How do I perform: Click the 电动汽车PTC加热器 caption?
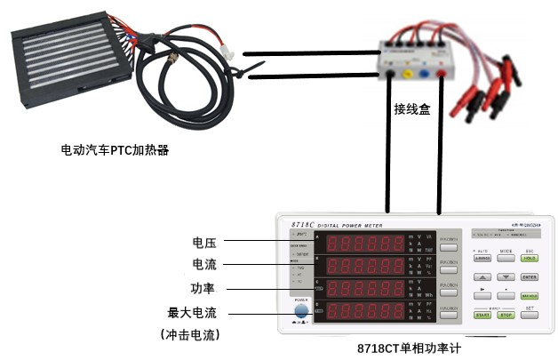114,148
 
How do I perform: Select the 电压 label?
204,242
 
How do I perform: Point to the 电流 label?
204,265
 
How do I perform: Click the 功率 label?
204,288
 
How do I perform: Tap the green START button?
482,315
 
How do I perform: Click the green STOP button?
506,315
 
